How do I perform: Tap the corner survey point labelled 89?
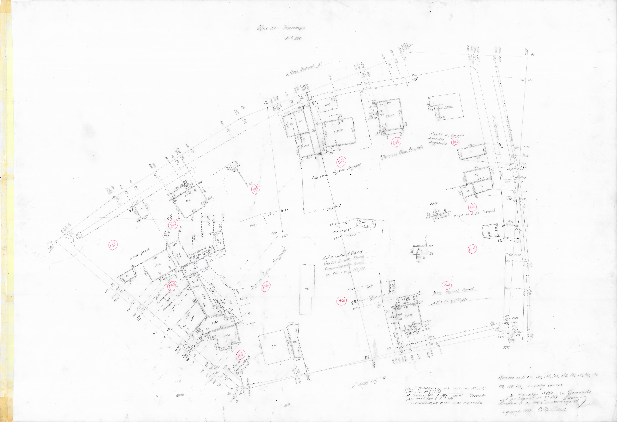[x=527, y=57]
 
